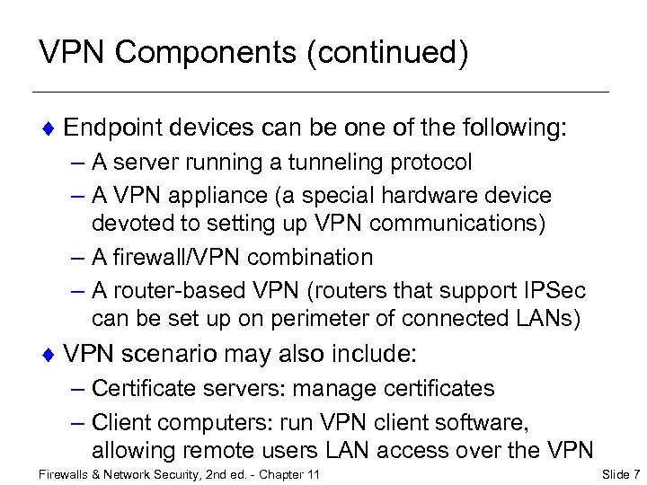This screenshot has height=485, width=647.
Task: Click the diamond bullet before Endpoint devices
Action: [50, 129]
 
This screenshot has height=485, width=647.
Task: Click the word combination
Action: [310, 257]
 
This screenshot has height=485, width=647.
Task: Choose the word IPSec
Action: [551, 291]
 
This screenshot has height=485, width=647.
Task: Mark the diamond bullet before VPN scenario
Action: [50, 355]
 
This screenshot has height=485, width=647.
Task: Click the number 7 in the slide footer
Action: [635, 473]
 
